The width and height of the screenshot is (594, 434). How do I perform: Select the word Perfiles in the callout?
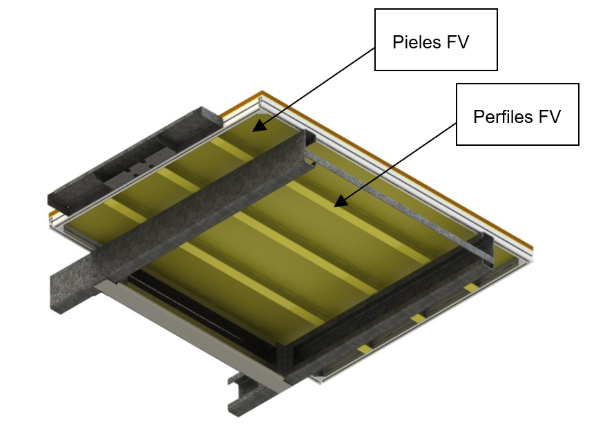[x=502, y=117]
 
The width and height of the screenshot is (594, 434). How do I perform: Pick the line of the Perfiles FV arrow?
[x=397, y=162]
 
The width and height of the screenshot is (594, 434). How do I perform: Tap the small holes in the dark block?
[x=145, y=166]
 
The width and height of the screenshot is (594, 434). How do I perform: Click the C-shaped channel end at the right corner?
[x=488, y=252]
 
